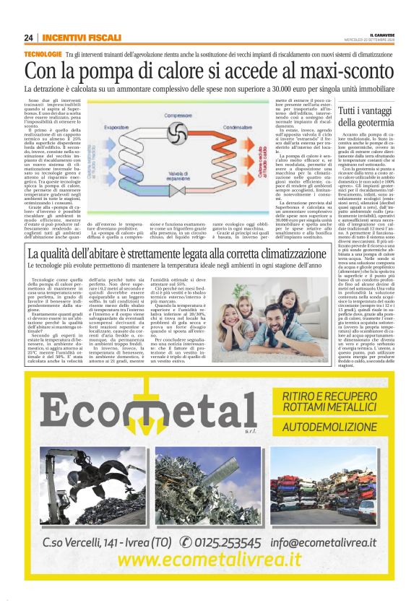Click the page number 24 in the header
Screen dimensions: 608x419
28,37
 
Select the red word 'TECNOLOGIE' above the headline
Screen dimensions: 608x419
43,54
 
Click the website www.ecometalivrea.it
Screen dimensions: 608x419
209,560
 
